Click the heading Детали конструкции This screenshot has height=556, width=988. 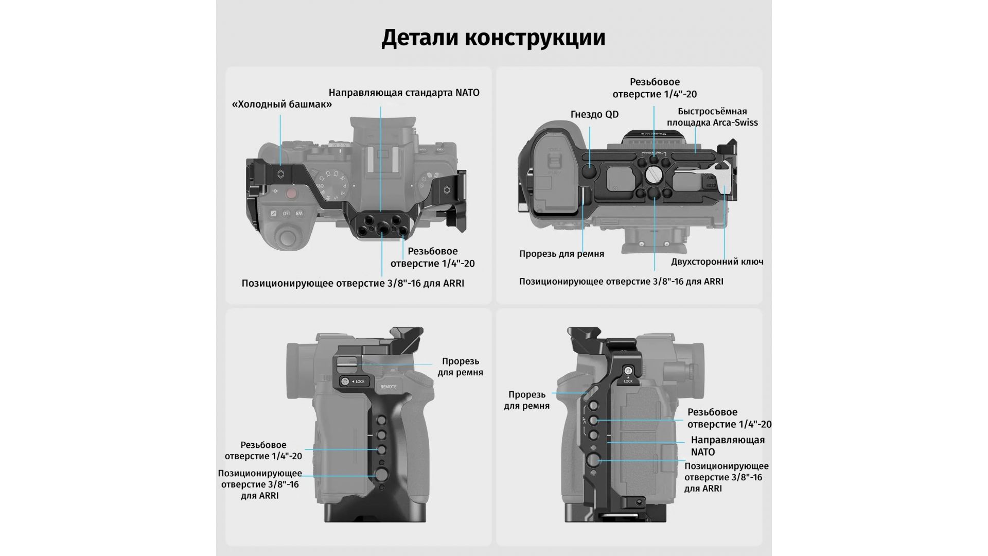pyautogui.click(x=493, y=38)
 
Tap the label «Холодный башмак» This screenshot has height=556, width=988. pyautogui.click(x=281, y=105)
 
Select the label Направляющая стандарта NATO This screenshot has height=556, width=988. pyautogui.click(x=404, y=93)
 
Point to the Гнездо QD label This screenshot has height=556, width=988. pyautogui.click(x=594, y=114)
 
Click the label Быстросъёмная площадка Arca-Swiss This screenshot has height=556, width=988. pyautogui.click(x=712, y=117)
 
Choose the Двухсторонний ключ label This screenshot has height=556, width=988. pyautogui.click(x=717, y=262)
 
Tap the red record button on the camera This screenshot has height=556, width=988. pyautogui.click(x=291, y=194)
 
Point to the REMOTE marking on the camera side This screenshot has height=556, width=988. pyautogui.click(x=388, y=387)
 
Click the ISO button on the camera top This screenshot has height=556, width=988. pyautogui.click(x=286, y=213)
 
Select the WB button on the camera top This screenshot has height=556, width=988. pyautogui.click(x=298, y=213)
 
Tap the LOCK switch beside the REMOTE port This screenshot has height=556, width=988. pyautogui.click(x=353, y=381)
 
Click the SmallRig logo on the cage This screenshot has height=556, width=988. pyautogui.click(x=653, y=134)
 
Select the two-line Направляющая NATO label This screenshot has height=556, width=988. pyautogui.click(x=727, y=446)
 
